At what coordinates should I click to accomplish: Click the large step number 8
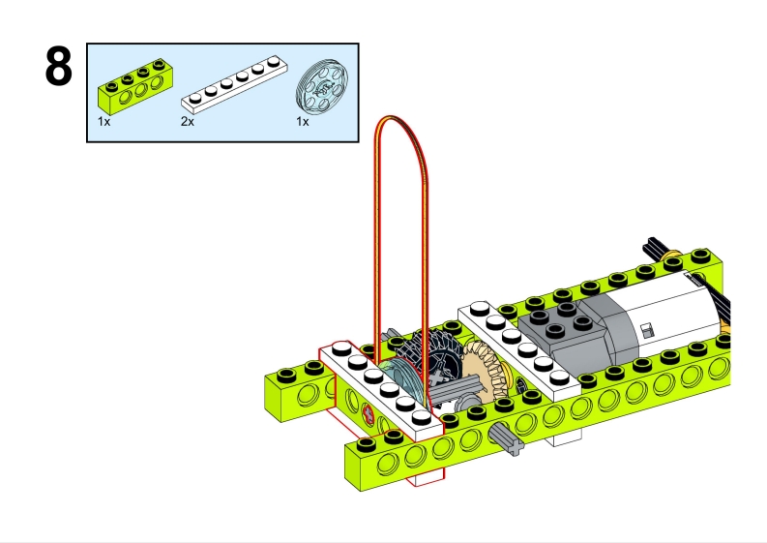[x=59, y=68]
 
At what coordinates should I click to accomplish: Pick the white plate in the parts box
[x=235, y=82]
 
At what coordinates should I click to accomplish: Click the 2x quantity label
[x=187, y=123]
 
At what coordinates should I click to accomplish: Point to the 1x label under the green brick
[x=103, y=123]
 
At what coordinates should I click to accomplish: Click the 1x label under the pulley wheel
[x=302, y=123]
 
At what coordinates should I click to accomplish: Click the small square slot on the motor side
[x=644, y=331]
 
